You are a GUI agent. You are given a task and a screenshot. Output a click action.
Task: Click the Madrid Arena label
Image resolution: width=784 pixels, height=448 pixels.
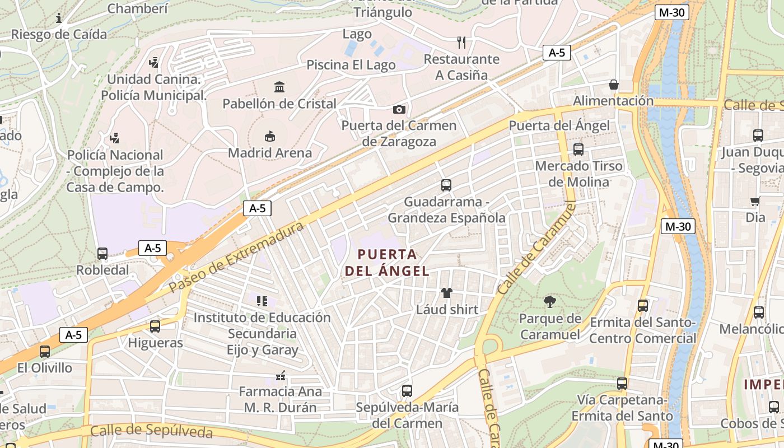(x=270, y=152)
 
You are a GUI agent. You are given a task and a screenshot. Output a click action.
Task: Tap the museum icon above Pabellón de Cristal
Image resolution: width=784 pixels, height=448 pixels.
(x=279, y=87)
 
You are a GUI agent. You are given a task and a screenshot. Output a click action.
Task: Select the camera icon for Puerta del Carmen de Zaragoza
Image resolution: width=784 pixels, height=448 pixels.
(x=399, y=109)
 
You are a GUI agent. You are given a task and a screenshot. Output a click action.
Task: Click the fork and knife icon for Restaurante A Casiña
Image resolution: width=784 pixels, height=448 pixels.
(x=461, y=42)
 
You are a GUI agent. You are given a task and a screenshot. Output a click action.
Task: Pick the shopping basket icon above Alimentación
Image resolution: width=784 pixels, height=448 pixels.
(x=614, y=85)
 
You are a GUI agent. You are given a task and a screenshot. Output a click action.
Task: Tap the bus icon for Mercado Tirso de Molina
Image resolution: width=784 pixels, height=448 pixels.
(x=578, y=150)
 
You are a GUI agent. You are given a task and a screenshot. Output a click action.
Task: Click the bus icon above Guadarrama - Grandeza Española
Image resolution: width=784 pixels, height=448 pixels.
(x=446, y=185)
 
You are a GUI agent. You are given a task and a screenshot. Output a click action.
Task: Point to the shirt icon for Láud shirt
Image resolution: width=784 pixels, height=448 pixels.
(x=447, y=292)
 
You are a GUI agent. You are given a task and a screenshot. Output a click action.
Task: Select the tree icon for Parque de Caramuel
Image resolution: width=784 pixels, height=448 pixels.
(x=550, y=302)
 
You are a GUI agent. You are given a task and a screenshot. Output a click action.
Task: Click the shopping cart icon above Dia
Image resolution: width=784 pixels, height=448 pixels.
(x=755, y=201)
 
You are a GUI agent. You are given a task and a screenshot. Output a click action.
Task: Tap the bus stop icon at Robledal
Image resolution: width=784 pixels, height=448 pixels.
(x=102, y=254)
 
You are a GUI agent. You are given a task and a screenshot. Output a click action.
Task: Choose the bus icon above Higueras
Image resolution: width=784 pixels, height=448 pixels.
(x=155, y=326)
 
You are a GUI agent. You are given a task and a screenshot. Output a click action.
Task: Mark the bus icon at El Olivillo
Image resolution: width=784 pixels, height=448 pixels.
(x=45, y=352)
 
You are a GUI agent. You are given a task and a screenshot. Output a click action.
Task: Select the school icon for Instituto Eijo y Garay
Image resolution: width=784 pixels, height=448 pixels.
(x=262, y=301)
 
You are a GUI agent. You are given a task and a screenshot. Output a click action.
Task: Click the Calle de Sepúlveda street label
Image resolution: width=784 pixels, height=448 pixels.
(x=151, y=431)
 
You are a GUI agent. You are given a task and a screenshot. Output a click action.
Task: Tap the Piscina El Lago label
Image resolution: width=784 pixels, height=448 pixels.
(x=351, y=65)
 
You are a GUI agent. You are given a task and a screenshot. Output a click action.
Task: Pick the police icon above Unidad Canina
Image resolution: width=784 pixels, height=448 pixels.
(x=154, y=63)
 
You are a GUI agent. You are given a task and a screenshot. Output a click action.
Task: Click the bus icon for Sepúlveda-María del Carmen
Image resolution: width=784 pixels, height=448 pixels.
(x=407, y=391)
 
